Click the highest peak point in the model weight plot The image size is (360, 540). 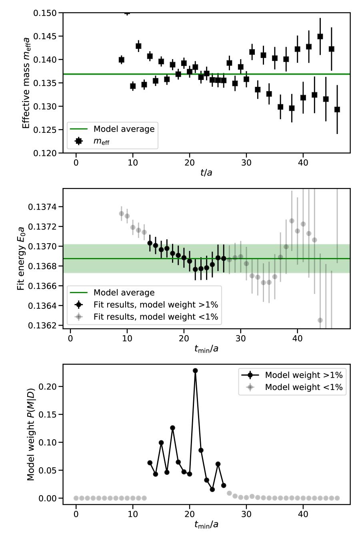(195, 371)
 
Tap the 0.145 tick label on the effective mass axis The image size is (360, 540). (46, 36)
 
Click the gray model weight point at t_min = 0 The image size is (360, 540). (76, 498)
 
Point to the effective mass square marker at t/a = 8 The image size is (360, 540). (122, 60)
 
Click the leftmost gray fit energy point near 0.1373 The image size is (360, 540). (122, 214)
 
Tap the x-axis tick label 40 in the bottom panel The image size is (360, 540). (303, 513)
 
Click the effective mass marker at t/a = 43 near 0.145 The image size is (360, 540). (320, 36)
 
